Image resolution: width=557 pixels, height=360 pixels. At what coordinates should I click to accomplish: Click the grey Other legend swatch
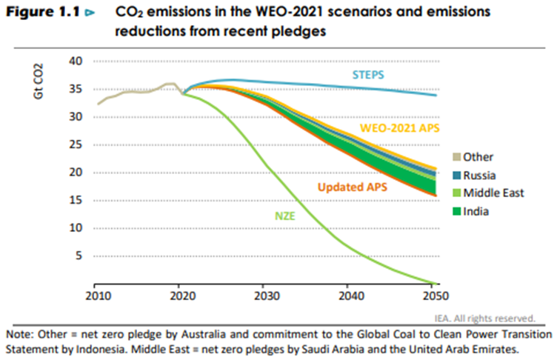(x=456, y=156)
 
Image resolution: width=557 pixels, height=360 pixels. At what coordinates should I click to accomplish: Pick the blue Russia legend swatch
(x=456, y=175)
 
